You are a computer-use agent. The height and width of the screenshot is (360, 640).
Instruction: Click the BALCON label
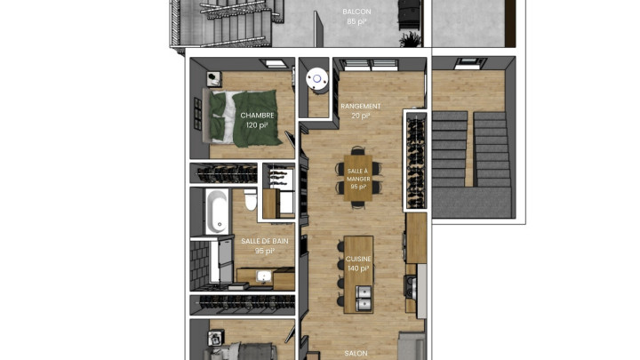(x=356, y=12)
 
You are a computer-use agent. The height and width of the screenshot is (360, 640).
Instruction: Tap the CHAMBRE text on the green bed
(x=257, y=116)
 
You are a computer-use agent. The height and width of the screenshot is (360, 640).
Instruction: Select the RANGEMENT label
(x=361, y=106)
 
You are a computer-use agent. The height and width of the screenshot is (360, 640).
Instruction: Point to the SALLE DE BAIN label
(x=265, y=241)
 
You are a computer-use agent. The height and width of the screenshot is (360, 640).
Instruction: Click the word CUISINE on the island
(x=358, y=259)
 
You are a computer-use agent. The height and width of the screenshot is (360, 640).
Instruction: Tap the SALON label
(x=356, y=354)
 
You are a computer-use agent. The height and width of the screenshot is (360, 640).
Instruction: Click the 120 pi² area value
(x=257, y=125)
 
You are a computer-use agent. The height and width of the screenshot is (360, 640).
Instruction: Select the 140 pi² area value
(x=358, y=268)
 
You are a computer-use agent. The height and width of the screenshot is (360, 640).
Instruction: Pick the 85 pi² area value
(x=356, y=21)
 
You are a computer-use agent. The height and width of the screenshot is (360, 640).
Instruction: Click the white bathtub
(x=216, y=211)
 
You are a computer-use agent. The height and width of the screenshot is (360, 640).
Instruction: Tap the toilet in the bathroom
(x=250, y=200)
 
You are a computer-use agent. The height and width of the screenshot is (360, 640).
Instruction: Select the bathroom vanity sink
(x=264, y=276)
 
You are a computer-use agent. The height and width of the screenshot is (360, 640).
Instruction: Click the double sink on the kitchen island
(x=364, y=298)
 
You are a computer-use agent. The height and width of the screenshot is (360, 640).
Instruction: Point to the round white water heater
(x=317, y=79)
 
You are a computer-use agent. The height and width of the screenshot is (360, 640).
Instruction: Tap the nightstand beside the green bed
(x=214, y=79)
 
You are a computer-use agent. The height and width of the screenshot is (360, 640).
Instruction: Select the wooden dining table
(x=358, y=178)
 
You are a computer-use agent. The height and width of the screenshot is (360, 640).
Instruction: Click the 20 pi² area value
(x=361, y=116)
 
